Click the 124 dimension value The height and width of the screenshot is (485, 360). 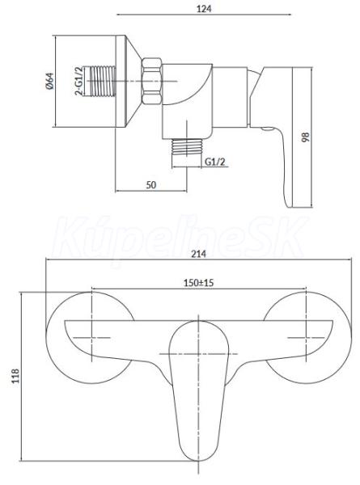(204, 8)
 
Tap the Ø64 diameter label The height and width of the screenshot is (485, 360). (49, 81)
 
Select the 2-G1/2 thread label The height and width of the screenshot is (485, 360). (79, 81)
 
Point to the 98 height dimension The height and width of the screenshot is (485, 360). (306, 137)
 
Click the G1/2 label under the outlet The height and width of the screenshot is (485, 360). (215, 162)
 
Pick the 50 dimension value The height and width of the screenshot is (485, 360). (151, 184)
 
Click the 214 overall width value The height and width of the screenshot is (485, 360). (198, 254)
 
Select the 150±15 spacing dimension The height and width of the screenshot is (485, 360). (199, 283)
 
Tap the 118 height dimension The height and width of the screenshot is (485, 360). (15, 376)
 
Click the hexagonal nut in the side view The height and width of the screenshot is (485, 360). (152, 81)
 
